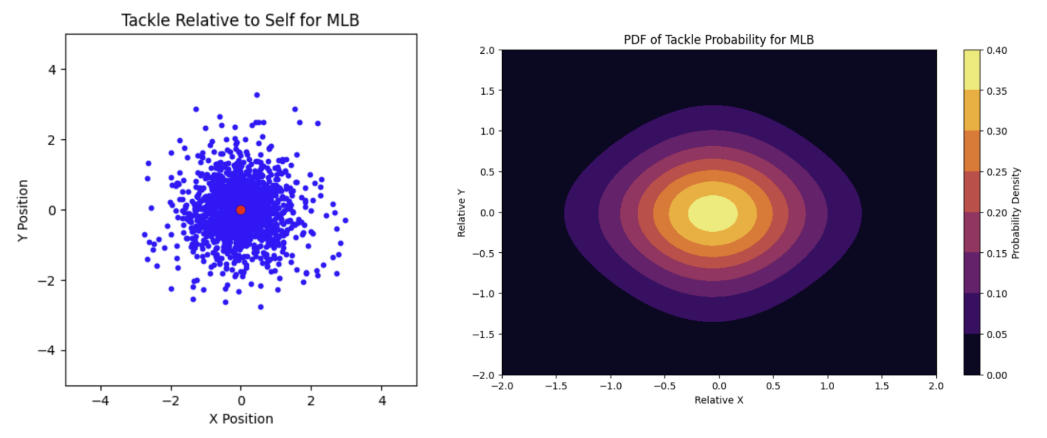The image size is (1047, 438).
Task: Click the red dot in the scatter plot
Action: pyautogui.click(x=241, y=210)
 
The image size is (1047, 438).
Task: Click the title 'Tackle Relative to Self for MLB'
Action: pyautogui.click(x=240, y=20)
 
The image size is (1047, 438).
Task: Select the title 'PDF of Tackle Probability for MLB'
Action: pyautogui.click(x=718, y=39)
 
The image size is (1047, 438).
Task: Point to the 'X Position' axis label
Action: pyautogui.click(x=241, y=419)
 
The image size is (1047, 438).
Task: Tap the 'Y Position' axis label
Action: pyautogui.click(x=23, y=210)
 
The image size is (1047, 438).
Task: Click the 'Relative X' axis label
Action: pyautogui.click(x=718, y=400)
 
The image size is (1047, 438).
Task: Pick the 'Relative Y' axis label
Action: pyautogui.click(x=461, y=213)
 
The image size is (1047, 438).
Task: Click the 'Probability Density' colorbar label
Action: pyautogui.click(x=1015, y=213)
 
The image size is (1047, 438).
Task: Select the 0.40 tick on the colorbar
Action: pyautogui.click(x=997, y=50)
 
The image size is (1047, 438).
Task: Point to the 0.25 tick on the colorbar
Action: pyautogui.click(x=997, y=172)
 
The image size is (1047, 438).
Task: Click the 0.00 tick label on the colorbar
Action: pyautogui.click(x=997, y=375)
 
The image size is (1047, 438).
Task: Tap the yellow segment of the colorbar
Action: pyautogui.click(x=971, y=70)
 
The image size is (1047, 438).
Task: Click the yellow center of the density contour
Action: pyautogui.click(x=713, y=213)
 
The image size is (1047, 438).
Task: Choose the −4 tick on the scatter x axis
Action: pyautogui.click(x=100, y=401)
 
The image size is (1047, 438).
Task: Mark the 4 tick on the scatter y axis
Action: pyautogui.click(x=52, y=70)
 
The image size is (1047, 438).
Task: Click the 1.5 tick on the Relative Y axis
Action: pyautogui.click(x=487, y=91)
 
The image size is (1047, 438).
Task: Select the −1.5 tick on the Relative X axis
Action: pyautogui.click(x=556, y=386)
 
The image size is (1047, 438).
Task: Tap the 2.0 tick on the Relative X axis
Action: pyautogui.click(x=936, y=386)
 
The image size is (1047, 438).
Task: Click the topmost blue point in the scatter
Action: pyautogui.click(x=257, y=95)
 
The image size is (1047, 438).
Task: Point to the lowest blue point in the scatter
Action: pyautogui.click(x=261, y=307)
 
